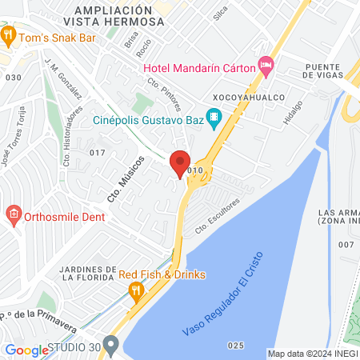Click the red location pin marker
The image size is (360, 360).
coord(180,163)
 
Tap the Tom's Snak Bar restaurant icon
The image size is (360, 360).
coord(9,34)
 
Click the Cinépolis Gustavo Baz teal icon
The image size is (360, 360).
coord(214,120)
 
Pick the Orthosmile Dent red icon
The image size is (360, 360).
coord(12,214)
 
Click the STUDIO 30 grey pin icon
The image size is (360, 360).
coord(111,346)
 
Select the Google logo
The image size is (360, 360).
coord(26,350)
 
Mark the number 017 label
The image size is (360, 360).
coord(98,152)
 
